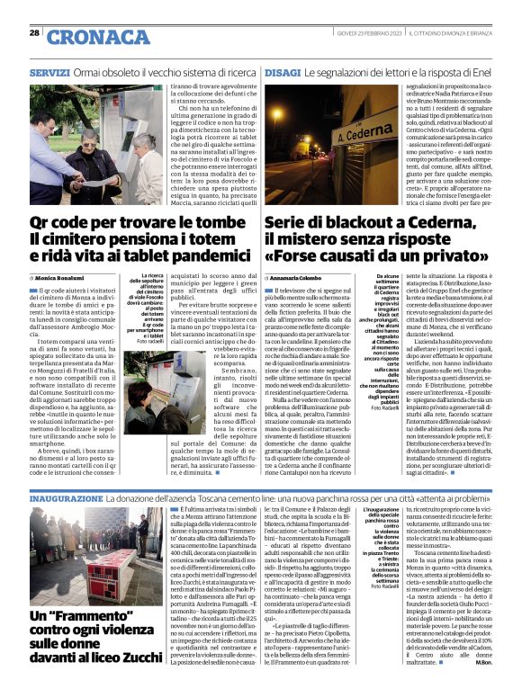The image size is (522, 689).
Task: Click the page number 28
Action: tap(34, 33)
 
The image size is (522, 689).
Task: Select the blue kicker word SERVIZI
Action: tap(49, 71)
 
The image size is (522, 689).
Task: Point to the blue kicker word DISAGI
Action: tap(283, 71)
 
